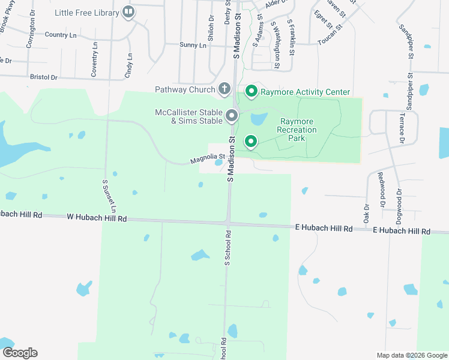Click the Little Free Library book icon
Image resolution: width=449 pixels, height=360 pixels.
click(128, 11)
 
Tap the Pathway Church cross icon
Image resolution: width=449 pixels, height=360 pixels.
click(224, 89)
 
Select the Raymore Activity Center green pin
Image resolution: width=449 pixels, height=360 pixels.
click(251, 92)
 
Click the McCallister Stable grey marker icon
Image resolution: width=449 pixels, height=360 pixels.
click(232, 115)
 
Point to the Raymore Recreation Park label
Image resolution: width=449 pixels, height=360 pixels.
click(296, 130)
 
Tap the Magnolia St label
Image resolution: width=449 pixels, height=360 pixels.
click(207, 159)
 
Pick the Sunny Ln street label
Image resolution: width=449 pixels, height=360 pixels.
click(193, 45)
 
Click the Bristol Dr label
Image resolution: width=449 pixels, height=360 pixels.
click(43, 77)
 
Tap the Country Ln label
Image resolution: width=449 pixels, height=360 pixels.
click(61, 35)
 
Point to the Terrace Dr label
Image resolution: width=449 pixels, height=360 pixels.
click(402, 130)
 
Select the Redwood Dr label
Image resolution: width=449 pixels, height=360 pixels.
click(381, 190)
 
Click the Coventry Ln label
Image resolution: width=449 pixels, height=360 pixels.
click(94, 60)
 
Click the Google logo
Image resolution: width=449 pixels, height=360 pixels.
click(19, 353)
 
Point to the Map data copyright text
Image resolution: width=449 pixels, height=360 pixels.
click(411, 355)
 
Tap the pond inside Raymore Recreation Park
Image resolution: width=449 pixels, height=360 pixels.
click(259, 119)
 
